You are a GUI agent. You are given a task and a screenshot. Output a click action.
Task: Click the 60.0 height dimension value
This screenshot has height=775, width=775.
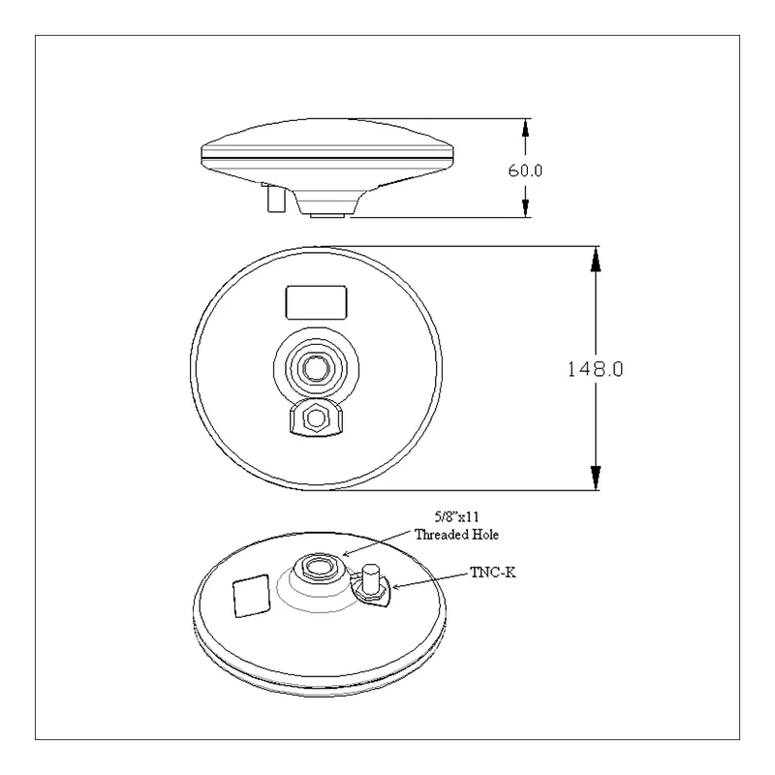click(x=525, y=170)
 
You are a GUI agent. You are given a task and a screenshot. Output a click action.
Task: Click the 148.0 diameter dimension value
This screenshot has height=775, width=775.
click(x=595, y=369)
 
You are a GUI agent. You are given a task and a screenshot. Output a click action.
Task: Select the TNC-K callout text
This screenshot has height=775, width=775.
click(x=493, y=573)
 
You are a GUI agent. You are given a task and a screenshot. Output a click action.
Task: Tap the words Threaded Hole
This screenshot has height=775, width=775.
click(x=456, y=535)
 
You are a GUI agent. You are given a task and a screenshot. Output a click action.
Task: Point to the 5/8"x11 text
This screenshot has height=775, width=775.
click(x=456, y=517)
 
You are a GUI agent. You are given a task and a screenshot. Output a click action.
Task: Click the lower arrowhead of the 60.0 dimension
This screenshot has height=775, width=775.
click(x=525, y=207)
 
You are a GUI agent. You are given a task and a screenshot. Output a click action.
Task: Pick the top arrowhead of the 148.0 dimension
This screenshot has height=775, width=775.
click(x=596, y=259)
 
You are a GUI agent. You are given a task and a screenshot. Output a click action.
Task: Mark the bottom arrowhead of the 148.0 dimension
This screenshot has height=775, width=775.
click(x=596, y=478)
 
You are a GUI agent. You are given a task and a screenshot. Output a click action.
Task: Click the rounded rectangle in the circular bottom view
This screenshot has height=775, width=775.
click(x=317, y=302)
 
